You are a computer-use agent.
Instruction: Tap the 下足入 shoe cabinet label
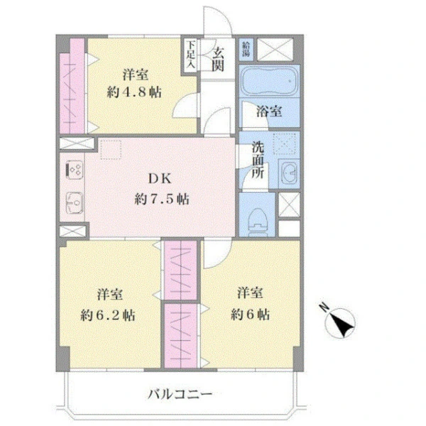click(191, 55)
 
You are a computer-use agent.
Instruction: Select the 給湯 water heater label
click(246, 49)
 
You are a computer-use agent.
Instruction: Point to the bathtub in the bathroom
click(268, 82)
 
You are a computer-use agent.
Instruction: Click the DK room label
click(158, 178)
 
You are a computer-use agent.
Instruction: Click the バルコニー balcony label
click(180, 393)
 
